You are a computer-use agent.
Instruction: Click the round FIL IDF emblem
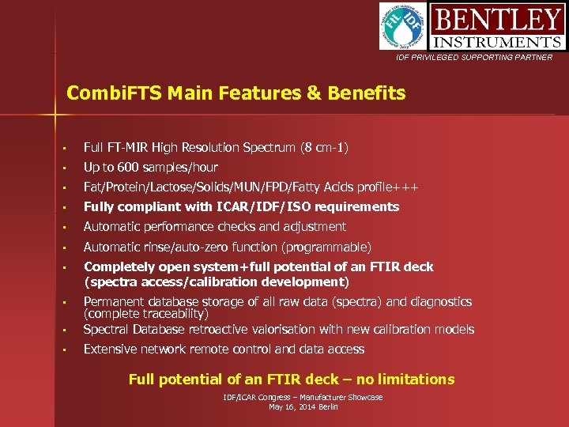click(404, 26)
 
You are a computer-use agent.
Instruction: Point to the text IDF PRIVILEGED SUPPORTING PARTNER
click(475, 58)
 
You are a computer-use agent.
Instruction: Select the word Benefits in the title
click(367, 93)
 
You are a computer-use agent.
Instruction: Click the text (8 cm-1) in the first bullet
click(324, 148)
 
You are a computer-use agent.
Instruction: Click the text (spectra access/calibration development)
click(217, 282)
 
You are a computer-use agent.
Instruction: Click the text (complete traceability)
click(146, 314)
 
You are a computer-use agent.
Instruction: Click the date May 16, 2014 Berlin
click(303, 406)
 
